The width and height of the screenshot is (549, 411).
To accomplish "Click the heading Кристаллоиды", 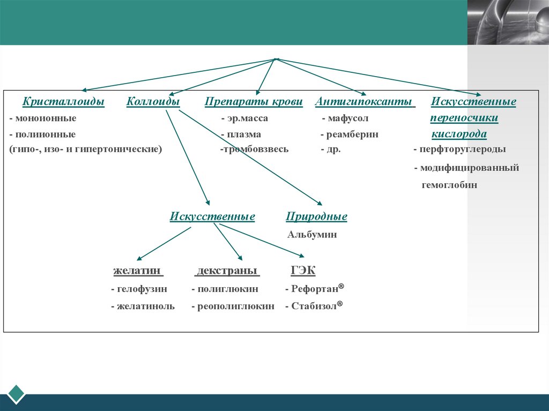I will (x=63, y=101).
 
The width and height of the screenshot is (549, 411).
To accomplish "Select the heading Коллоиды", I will (x=153, y=101).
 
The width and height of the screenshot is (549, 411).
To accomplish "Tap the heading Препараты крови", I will (x=254, y=101).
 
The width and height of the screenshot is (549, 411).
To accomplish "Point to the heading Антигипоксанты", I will (x=364, y=101).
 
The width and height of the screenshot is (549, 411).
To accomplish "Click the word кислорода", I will (x=459, y=134).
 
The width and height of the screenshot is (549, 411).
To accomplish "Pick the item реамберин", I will (x=352, y=134).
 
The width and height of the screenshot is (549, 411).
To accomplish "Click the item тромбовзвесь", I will (x=255, y=149).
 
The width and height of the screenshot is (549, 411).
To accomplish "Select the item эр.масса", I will (x=247, y=118).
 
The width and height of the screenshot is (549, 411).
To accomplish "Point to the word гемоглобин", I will (x=449, y=185).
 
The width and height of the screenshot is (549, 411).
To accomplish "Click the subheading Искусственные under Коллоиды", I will (x=212, y=216).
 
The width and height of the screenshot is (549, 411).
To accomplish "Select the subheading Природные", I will (x=316, y=216).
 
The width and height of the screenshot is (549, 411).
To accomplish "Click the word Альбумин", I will (x=312, y=234).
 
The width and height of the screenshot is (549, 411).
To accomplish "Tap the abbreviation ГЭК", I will (x=303, y=271).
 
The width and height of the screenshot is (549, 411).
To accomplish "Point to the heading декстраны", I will (x=227, y=271).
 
